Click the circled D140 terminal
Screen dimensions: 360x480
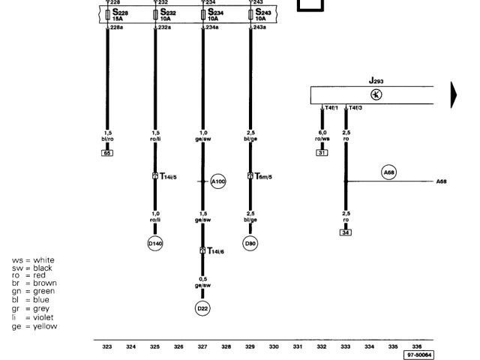pyautogui.click(x=155, y=243)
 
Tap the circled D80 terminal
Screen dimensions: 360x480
pyautogui.click(x=250, y=243)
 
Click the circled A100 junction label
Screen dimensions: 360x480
pyautogui.click(x=217, y=181)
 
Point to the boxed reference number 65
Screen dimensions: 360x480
pyautogui.click(x=107, y=152)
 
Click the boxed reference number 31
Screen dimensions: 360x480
pyautogui.click(x=322, y=152)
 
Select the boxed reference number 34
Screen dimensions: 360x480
pyautogui.click(x=346, y=232)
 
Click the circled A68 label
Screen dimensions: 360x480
pyautogui.click(x=388, y=172)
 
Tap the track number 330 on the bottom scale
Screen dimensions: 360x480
pyautogui.click(x=274, y=347)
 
